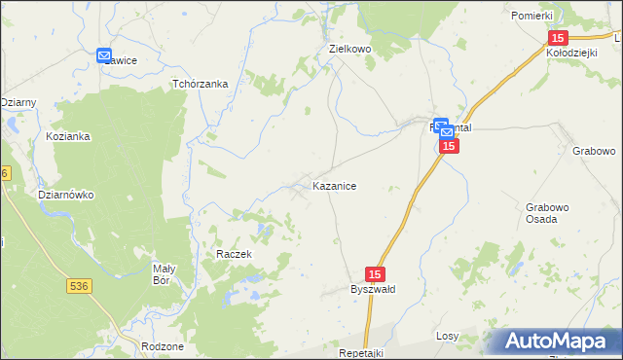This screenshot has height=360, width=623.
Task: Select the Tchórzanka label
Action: coord(200,84)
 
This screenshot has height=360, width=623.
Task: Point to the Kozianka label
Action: coord(67,137)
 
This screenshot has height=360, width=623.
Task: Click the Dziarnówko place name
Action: coord(65,195)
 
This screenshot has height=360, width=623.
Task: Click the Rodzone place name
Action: coord(163,346)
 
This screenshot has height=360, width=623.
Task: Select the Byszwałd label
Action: coord(373,290)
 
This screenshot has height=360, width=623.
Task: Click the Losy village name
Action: coord(447,336)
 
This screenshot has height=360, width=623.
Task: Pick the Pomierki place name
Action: coord(531,16)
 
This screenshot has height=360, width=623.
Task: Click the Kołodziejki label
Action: coord(572,54)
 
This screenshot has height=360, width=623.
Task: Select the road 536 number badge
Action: coord(80,285)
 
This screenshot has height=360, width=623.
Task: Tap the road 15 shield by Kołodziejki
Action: coord(557,37)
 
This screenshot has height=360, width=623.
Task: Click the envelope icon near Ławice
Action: coord(104,55)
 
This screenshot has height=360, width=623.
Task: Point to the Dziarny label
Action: coord(18,102)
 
